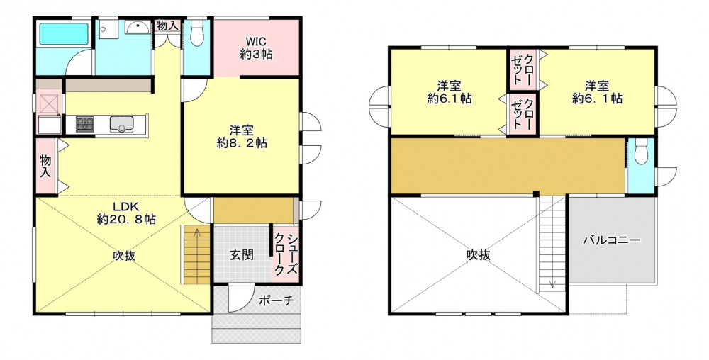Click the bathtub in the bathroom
(64, 34)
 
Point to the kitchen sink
(122, 124)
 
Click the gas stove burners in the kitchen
(85, 124)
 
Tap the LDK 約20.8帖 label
(127, 213)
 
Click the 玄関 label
(242, 255)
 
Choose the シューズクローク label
(286, 255)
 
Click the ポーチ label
(277, 300)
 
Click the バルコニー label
(611, 240)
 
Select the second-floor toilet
(641, 150)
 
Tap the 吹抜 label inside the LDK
(124, 256)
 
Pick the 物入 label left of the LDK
(45, 167)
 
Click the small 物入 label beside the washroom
(167, 26)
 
